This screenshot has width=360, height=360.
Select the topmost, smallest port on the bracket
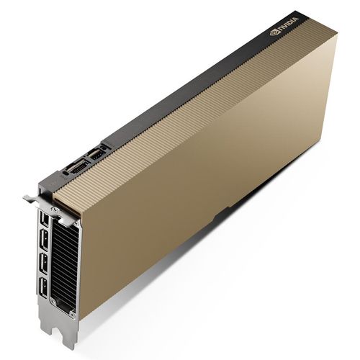[x=44, y=217]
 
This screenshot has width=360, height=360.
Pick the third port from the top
[x=44, y=263]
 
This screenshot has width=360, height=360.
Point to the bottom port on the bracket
[x=45, y=288]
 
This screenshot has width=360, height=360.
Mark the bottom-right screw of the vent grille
[x=73, y=314]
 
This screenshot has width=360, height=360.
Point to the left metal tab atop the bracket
[x=30, y=196]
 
